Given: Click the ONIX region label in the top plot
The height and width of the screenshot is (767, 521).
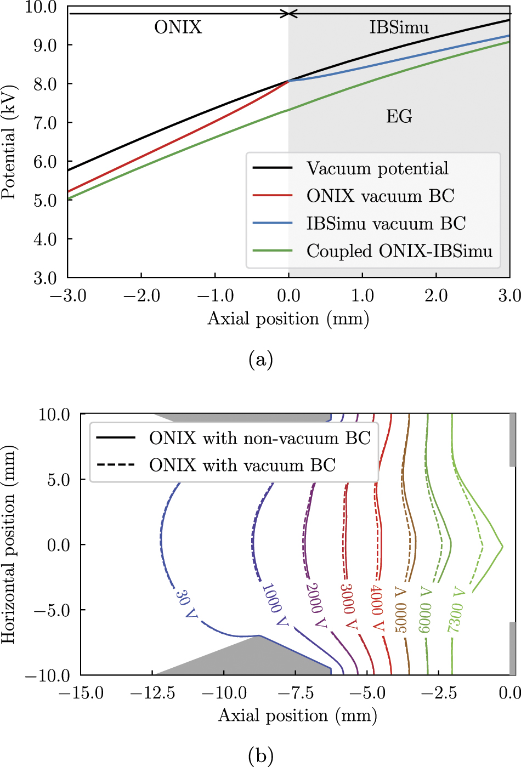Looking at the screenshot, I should pos(178,27).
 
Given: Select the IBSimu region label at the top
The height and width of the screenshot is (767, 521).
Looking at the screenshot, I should pos(399,27).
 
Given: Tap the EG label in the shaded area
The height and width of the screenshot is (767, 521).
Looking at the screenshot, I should pos(399,116).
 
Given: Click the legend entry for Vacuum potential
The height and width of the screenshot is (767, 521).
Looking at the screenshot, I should pos(377,168).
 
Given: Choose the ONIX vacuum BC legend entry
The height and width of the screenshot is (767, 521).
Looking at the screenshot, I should pos(380,196).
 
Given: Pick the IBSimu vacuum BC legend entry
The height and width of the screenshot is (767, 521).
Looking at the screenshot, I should pos(386,223).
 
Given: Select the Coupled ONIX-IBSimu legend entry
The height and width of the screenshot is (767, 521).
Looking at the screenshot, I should pos(399,251).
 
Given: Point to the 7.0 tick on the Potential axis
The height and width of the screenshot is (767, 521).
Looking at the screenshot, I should pos(45,123).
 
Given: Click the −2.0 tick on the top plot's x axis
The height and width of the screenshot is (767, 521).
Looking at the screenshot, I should pos(141,296).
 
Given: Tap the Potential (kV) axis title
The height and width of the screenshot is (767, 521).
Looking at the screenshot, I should pos(9,142).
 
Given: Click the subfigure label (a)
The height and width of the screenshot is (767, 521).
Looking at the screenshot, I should pos(260,360).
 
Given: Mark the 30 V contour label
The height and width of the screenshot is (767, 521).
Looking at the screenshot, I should pos(186,604).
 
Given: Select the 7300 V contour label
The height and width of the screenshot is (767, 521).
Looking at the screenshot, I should pos(456,610).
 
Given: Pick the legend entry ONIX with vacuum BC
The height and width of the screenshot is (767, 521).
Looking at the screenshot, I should pos(242,465).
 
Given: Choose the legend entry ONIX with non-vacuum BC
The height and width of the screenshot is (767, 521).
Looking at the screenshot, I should pos(259,438).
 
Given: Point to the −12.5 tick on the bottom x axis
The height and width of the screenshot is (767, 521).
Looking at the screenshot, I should pos(152,693).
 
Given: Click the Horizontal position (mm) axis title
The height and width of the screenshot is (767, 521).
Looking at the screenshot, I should pos(9,544).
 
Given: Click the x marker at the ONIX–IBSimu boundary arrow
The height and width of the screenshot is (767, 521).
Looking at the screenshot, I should pos(288,13).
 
